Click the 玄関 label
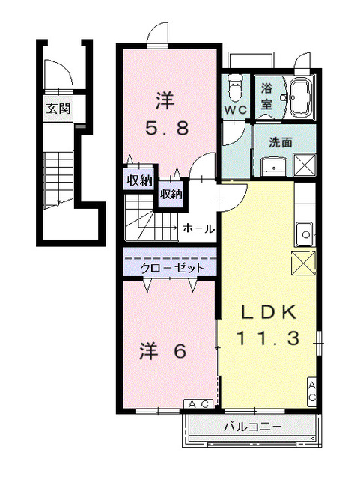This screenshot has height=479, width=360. tap(58, 108)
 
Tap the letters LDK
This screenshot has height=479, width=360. tap(268, 311)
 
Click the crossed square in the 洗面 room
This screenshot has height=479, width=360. tap(304, 164)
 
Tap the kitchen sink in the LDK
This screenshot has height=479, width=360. tap(305, 233)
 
